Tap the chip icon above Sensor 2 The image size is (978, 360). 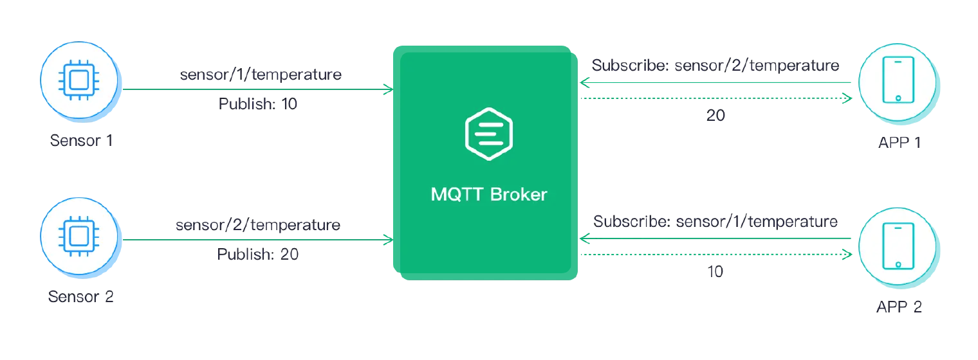[79, 237]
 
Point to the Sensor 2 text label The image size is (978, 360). [79, 297]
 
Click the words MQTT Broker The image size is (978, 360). [489, 194]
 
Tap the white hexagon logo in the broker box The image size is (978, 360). [489, 134]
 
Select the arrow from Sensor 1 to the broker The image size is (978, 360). [257, 90]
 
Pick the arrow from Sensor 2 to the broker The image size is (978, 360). [257, 240]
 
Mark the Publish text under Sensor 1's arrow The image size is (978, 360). [257, 105]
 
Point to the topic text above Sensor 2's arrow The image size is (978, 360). [259, 226]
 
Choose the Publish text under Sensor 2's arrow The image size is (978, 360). [257, 255]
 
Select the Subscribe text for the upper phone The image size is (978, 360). [717, 66]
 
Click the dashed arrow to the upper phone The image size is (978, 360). [717, 98]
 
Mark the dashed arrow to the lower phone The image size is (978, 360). [717, 255]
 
